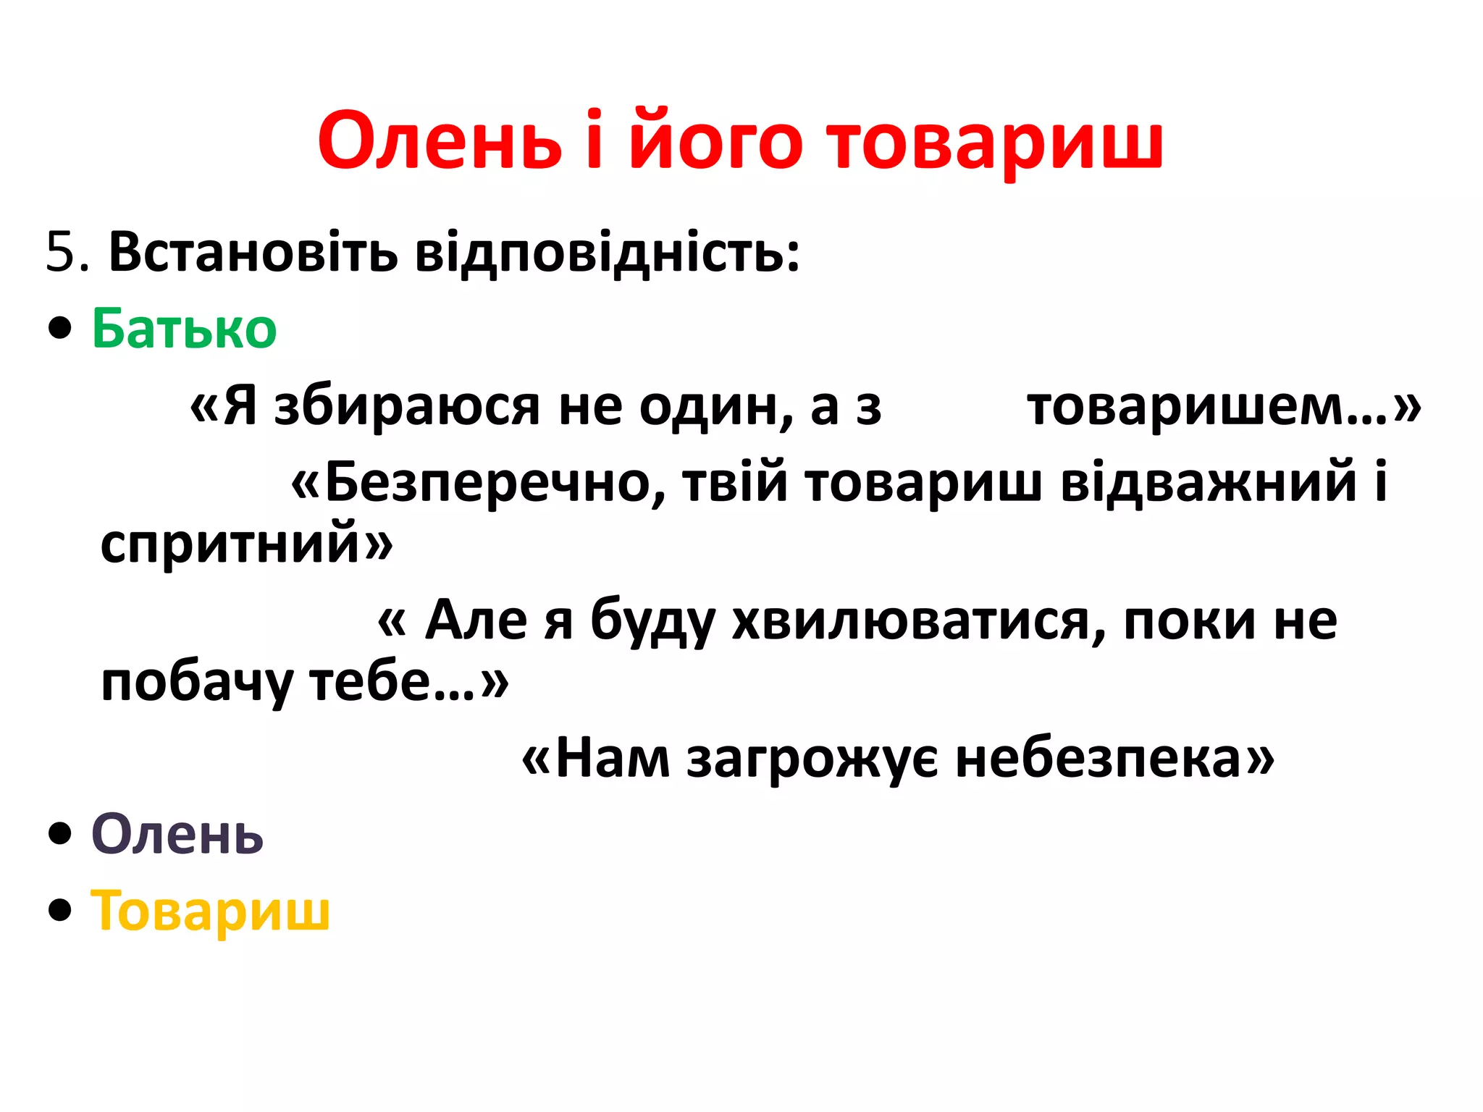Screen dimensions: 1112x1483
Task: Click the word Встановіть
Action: (253, 253)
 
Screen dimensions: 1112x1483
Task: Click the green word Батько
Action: (184, 329)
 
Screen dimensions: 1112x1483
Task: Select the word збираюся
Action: (407, 407)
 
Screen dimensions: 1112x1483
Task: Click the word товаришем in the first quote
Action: (1206, 407)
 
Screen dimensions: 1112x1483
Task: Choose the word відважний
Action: (1209, 483)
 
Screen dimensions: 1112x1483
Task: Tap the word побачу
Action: (196, 683)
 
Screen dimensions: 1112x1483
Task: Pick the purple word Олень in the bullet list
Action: (177, 835)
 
